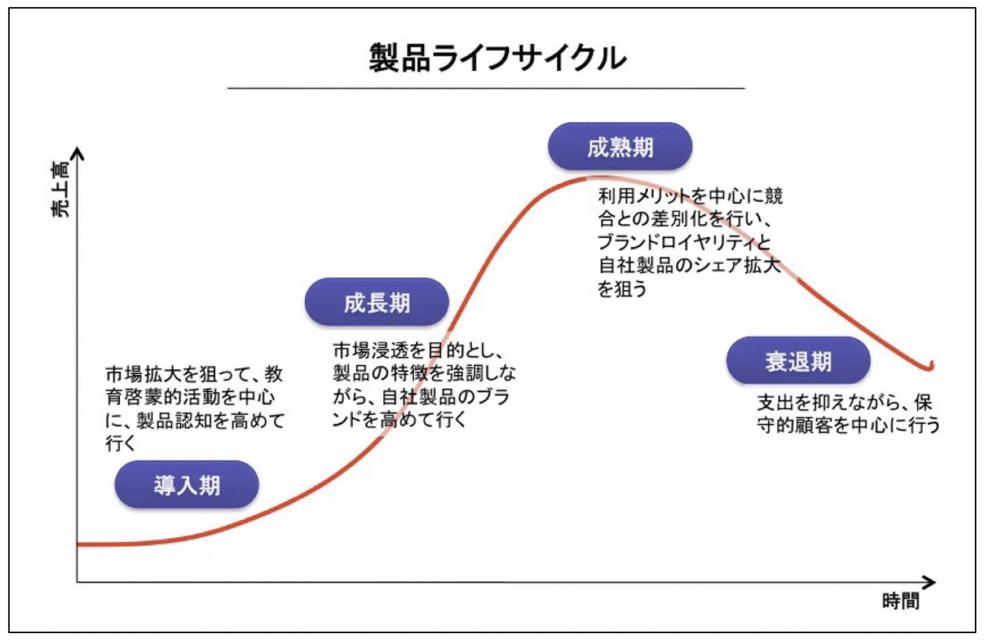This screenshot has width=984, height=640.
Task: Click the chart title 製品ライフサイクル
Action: (x=498, y=58)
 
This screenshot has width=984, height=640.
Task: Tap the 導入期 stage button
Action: (x=186, y=485)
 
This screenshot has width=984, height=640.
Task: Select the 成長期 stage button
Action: (x=377, y=302)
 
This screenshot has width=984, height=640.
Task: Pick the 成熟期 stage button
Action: (x=620, y=146)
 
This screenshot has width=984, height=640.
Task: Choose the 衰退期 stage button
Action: (x=798, y=360)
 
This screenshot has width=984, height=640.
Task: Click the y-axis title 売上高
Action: (x=60, y=190)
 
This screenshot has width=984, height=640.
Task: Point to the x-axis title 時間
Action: (x=901, y=601)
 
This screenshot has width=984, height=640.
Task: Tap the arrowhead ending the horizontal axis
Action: (x=930, y=582)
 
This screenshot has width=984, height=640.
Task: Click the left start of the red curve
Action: (x=78, y=545)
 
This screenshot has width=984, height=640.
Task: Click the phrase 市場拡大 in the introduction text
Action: (x=144, y=374)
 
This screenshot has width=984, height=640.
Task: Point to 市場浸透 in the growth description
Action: (x=371, y=350)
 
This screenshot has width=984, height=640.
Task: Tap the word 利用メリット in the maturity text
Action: (x=645, y=196)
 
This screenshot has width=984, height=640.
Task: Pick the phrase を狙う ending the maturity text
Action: (x=622, y=289)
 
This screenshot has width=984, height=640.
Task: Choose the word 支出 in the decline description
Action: (x=776, y=403)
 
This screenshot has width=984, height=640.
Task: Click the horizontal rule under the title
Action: (x=486, y=88)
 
